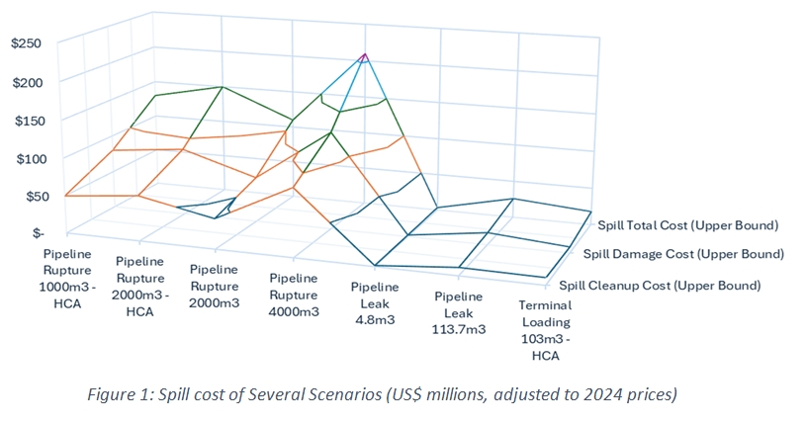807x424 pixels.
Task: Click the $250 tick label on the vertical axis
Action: pos(27,43)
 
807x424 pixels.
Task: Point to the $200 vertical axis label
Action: pos(27,82)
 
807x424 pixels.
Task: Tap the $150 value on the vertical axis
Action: pos(27,120)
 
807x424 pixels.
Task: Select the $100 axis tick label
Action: pos(27,158)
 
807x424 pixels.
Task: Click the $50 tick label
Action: pos(31,196)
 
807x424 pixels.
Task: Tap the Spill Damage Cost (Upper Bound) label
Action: pos(682,254)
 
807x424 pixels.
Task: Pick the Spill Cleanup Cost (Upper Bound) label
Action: pos(660,286)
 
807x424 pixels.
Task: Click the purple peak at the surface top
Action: pos(365,57)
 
